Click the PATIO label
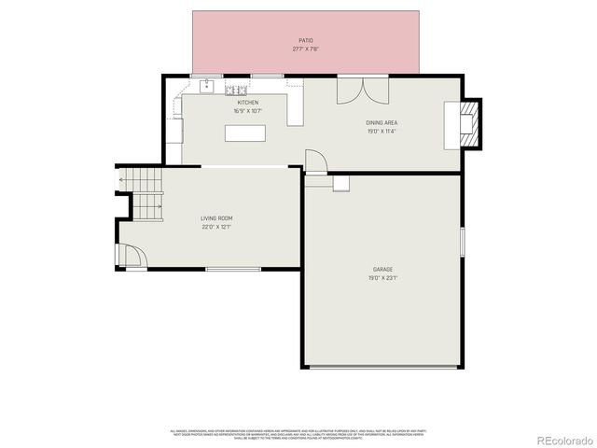305,40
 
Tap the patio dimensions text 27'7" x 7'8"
305,49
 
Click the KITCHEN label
247,102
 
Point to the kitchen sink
207,89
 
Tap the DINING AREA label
383,122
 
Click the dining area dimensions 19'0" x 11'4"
383,131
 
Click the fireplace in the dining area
471,123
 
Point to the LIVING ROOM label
216,217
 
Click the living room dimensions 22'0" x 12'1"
216,226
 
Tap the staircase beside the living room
140,193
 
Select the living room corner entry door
128,255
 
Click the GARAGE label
383,269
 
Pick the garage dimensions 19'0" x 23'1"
383,277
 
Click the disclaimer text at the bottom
297,434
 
